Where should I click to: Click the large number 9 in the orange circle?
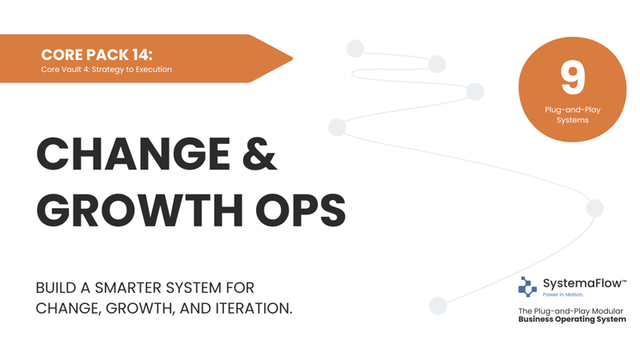[572, 77]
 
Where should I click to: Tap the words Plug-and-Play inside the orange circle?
[572, 110]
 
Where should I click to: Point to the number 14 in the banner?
[141, 54]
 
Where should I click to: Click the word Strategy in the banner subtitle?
[107, 70]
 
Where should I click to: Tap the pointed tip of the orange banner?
[292, 58]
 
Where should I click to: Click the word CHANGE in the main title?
[134, 154]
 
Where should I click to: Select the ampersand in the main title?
[259, 154]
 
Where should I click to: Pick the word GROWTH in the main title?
[139, 210]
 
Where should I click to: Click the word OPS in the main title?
[301, 210]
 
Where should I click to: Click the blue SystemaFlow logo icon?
[527, 286]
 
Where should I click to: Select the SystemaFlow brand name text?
[582, 283]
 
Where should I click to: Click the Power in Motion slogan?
[563, 294]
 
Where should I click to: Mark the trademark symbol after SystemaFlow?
[624, 281]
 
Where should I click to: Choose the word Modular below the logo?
[607, 311]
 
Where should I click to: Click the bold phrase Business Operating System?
[572, 319]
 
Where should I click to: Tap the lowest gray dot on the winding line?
[438, 306]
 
